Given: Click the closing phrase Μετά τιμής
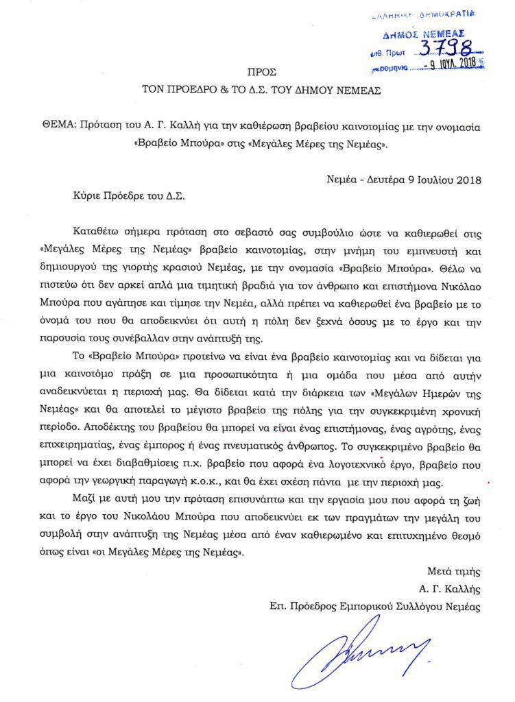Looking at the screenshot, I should (x=451, y=570).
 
